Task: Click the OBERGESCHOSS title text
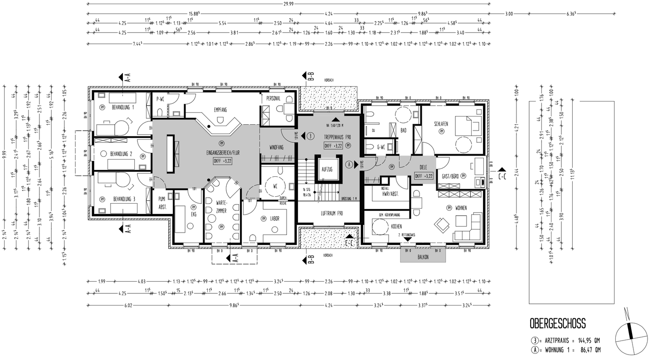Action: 557,323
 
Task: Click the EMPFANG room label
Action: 220,110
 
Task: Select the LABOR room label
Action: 275,218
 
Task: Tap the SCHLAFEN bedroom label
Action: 441,123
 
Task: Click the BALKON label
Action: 423,257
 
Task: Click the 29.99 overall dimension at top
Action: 288,3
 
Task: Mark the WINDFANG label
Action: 277,148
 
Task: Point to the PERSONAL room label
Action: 273,98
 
